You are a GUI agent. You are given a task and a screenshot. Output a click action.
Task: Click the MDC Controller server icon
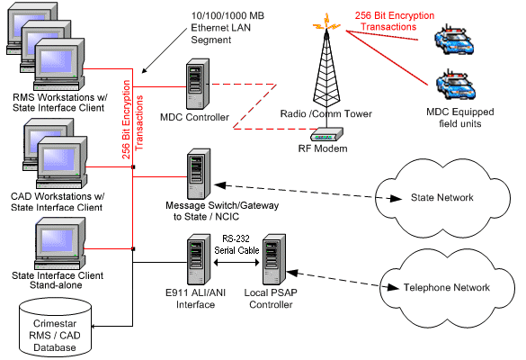pos(198,84)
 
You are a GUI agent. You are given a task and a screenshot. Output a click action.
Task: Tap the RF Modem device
pos(326,134)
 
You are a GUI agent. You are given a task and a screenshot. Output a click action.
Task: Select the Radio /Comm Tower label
pos(326,113)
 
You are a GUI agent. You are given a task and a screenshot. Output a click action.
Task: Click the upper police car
pos(454,40)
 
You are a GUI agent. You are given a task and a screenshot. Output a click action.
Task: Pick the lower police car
pos(456,85)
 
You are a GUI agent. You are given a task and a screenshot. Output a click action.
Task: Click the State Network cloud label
pos(442,197)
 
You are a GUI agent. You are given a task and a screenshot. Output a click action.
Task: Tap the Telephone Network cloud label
pos(447,287)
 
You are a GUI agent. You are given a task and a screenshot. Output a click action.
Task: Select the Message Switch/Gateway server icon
pos(199,174)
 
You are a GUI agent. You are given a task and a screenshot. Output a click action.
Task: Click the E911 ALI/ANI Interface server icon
pos(199,259)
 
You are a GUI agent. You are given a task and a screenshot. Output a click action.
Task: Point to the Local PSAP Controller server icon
pos(274,259)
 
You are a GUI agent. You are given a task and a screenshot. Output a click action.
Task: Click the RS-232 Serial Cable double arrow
pos(236,262)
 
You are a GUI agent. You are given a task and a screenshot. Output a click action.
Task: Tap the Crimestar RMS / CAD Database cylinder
pos(56,327)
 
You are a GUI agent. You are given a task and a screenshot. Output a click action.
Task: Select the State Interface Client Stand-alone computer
pos(60,243)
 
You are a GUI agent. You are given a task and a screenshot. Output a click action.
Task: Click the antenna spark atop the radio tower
pos(326,22)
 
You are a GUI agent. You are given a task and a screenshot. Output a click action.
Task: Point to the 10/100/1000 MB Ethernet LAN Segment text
pos(227,28)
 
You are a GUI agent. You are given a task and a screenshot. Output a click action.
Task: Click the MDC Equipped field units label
pos(460,118)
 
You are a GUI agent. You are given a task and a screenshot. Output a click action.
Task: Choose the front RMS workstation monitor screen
pos(56,61)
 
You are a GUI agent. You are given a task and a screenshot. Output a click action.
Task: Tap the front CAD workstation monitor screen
pos(59,159)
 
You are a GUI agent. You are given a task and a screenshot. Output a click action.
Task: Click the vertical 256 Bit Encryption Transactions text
pos(132,120)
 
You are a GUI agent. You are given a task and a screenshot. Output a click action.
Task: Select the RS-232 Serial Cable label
pos(236,245)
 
